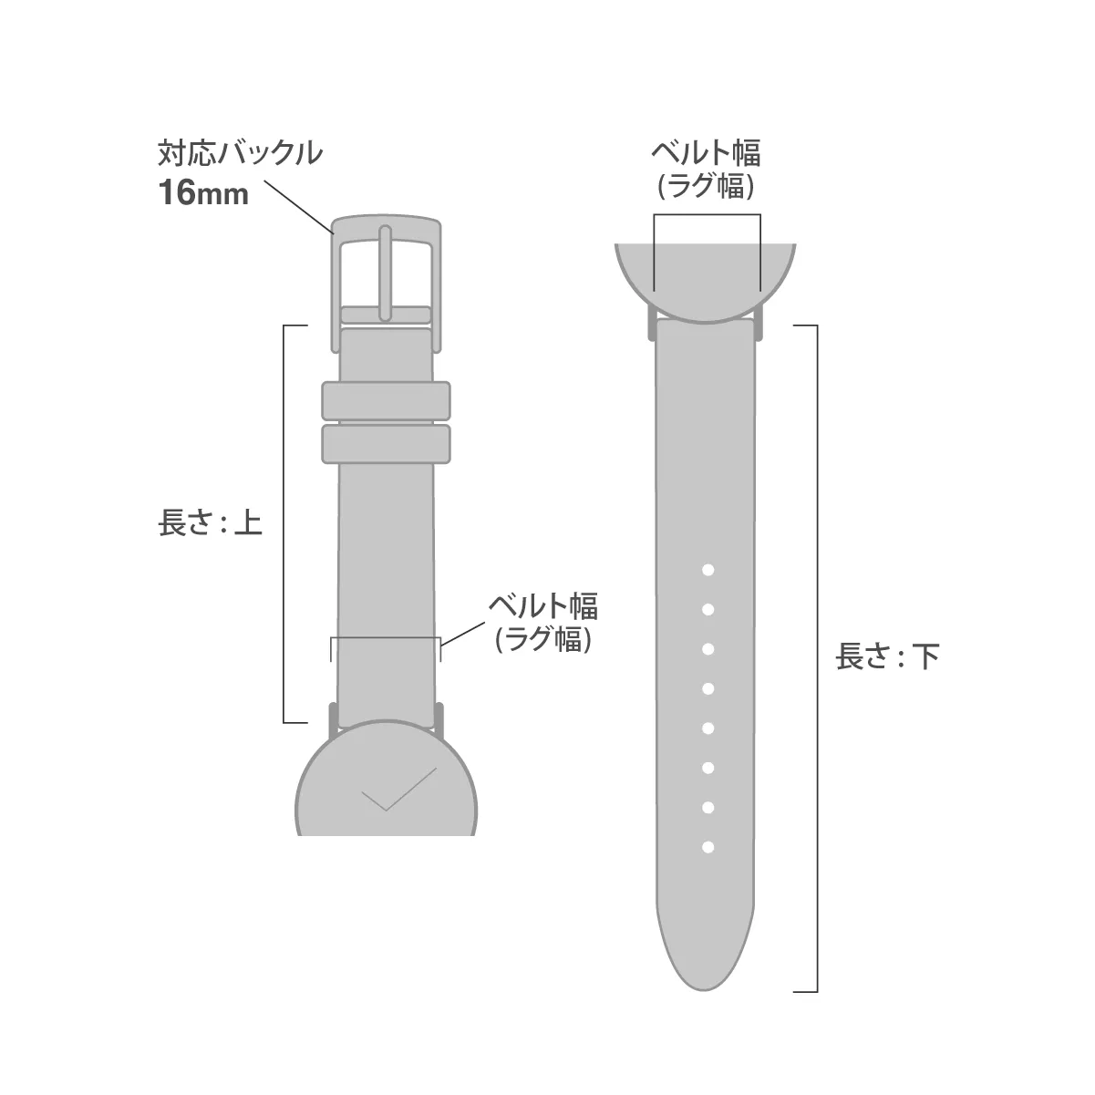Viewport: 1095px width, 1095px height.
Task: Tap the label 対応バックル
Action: pyautogui.click(x=240, y=153)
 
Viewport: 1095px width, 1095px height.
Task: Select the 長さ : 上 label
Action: pyautogui.click(x=210, y=522)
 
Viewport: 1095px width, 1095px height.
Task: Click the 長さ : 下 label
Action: pyautogui.click(x=887, y=656)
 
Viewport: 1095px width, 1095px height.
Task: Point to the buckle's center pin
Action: pyautogui.click(x=386, y=274)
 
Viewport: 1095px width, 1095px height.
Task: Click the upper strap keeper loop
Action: pyautogui.click(x=386, y=401)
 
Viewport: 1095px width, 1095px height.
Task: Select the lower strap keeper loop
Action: pyautogui.click(x=386, y=443)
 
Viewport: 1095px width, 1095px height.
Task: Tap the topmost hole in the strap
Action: pyautogui.click(x=708, y=570)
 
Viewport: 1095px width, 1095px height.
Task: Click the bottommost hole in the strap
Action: pyautogui.click(x=708, y=847)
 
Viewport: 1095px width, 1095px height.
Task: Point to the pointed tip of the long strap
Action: pyautogui.click(x=705, y=990)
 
